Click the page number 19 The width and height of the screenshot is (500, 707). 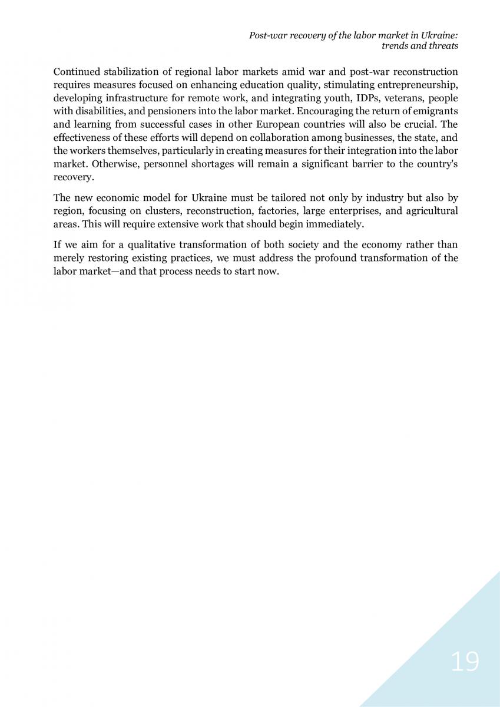click(465, 662)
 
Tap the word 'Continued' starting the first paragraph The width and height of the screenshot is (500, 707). click(76, 72)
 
